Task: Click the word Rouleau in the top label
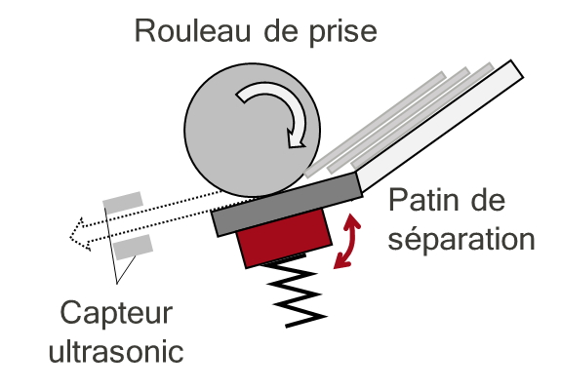tap(192, 31)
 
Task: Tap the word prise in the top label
tap(342, 33)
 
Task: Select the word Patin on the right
tap(422, 200)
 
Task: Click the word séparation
tap(461, 239)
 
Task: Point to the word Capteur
tap(117, 314)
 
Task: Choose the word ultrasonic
tap(116, 351)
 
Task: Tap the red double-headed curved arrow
tap(346, 241)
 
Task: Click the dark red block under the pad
tap(283, 238)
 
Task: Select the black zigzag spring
tap(297, 294)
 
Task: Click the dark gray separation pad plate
tap(287, 205)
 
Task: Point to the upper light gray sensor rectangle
tap(123, 203)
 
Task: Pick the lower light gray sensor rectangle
tap(133, 247)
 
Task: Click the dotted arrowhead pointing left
tap(80, 234)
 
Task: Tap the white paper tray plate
tap(440, 125)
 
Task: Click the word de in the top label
tap(281, 31)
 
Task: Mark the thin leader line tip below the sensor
tap(117, 284)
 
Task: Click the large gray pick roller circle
tap(252, 130)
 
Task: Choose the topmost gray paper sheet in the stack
tap(375, 124)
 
